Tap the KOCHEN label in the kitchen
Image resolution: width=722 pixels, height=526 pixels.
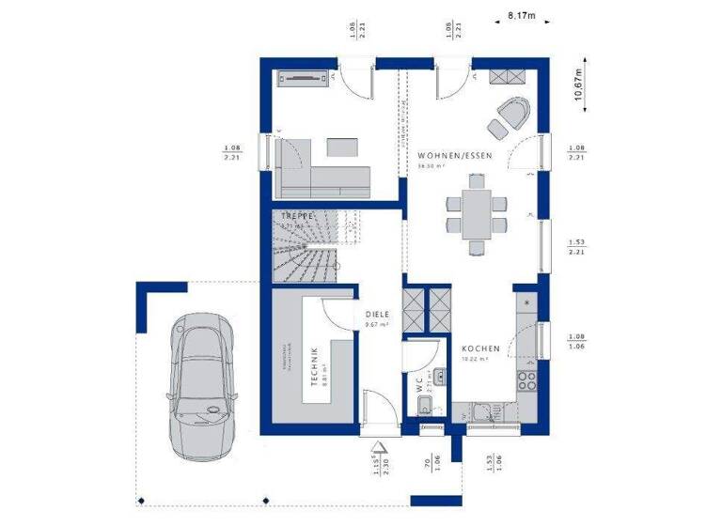coord(479,348)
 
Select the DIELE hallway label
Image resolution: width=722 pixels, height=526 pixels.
coord(377,316)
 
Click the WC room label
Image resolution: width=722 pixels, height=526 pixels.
coord(419,385)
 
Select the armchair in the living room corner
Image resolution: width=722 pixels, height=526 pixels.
coord(512,114)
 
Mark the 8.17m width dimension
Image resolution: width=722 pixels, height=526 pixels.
coord(520,16)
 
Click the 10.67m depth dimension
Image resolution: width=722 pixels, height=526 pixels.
coord(580,93)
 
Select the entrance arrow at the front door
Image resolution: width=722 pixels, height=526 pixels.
coord(378,450)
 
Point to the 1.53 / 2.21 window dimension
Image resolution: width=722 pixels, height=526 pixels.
coord(577,247)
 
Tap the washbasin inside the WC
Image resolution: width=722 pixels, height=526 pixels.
coord(424,406)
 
